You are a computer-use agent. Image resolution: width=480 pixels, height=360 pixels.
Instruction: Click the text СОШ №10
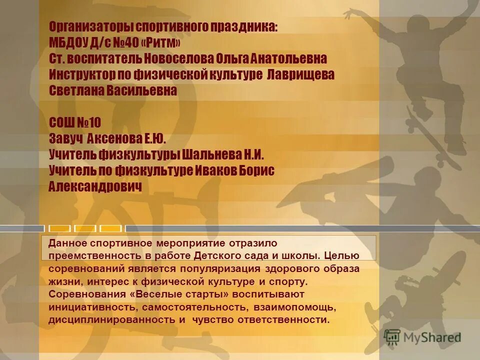click(75, 122)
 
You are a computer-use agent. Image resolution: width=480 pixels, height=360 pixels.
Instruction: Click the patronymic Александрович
click(95, 186)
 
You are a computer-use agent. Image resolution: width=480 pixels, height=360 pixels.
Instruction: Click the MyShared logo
click(422, 337)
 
